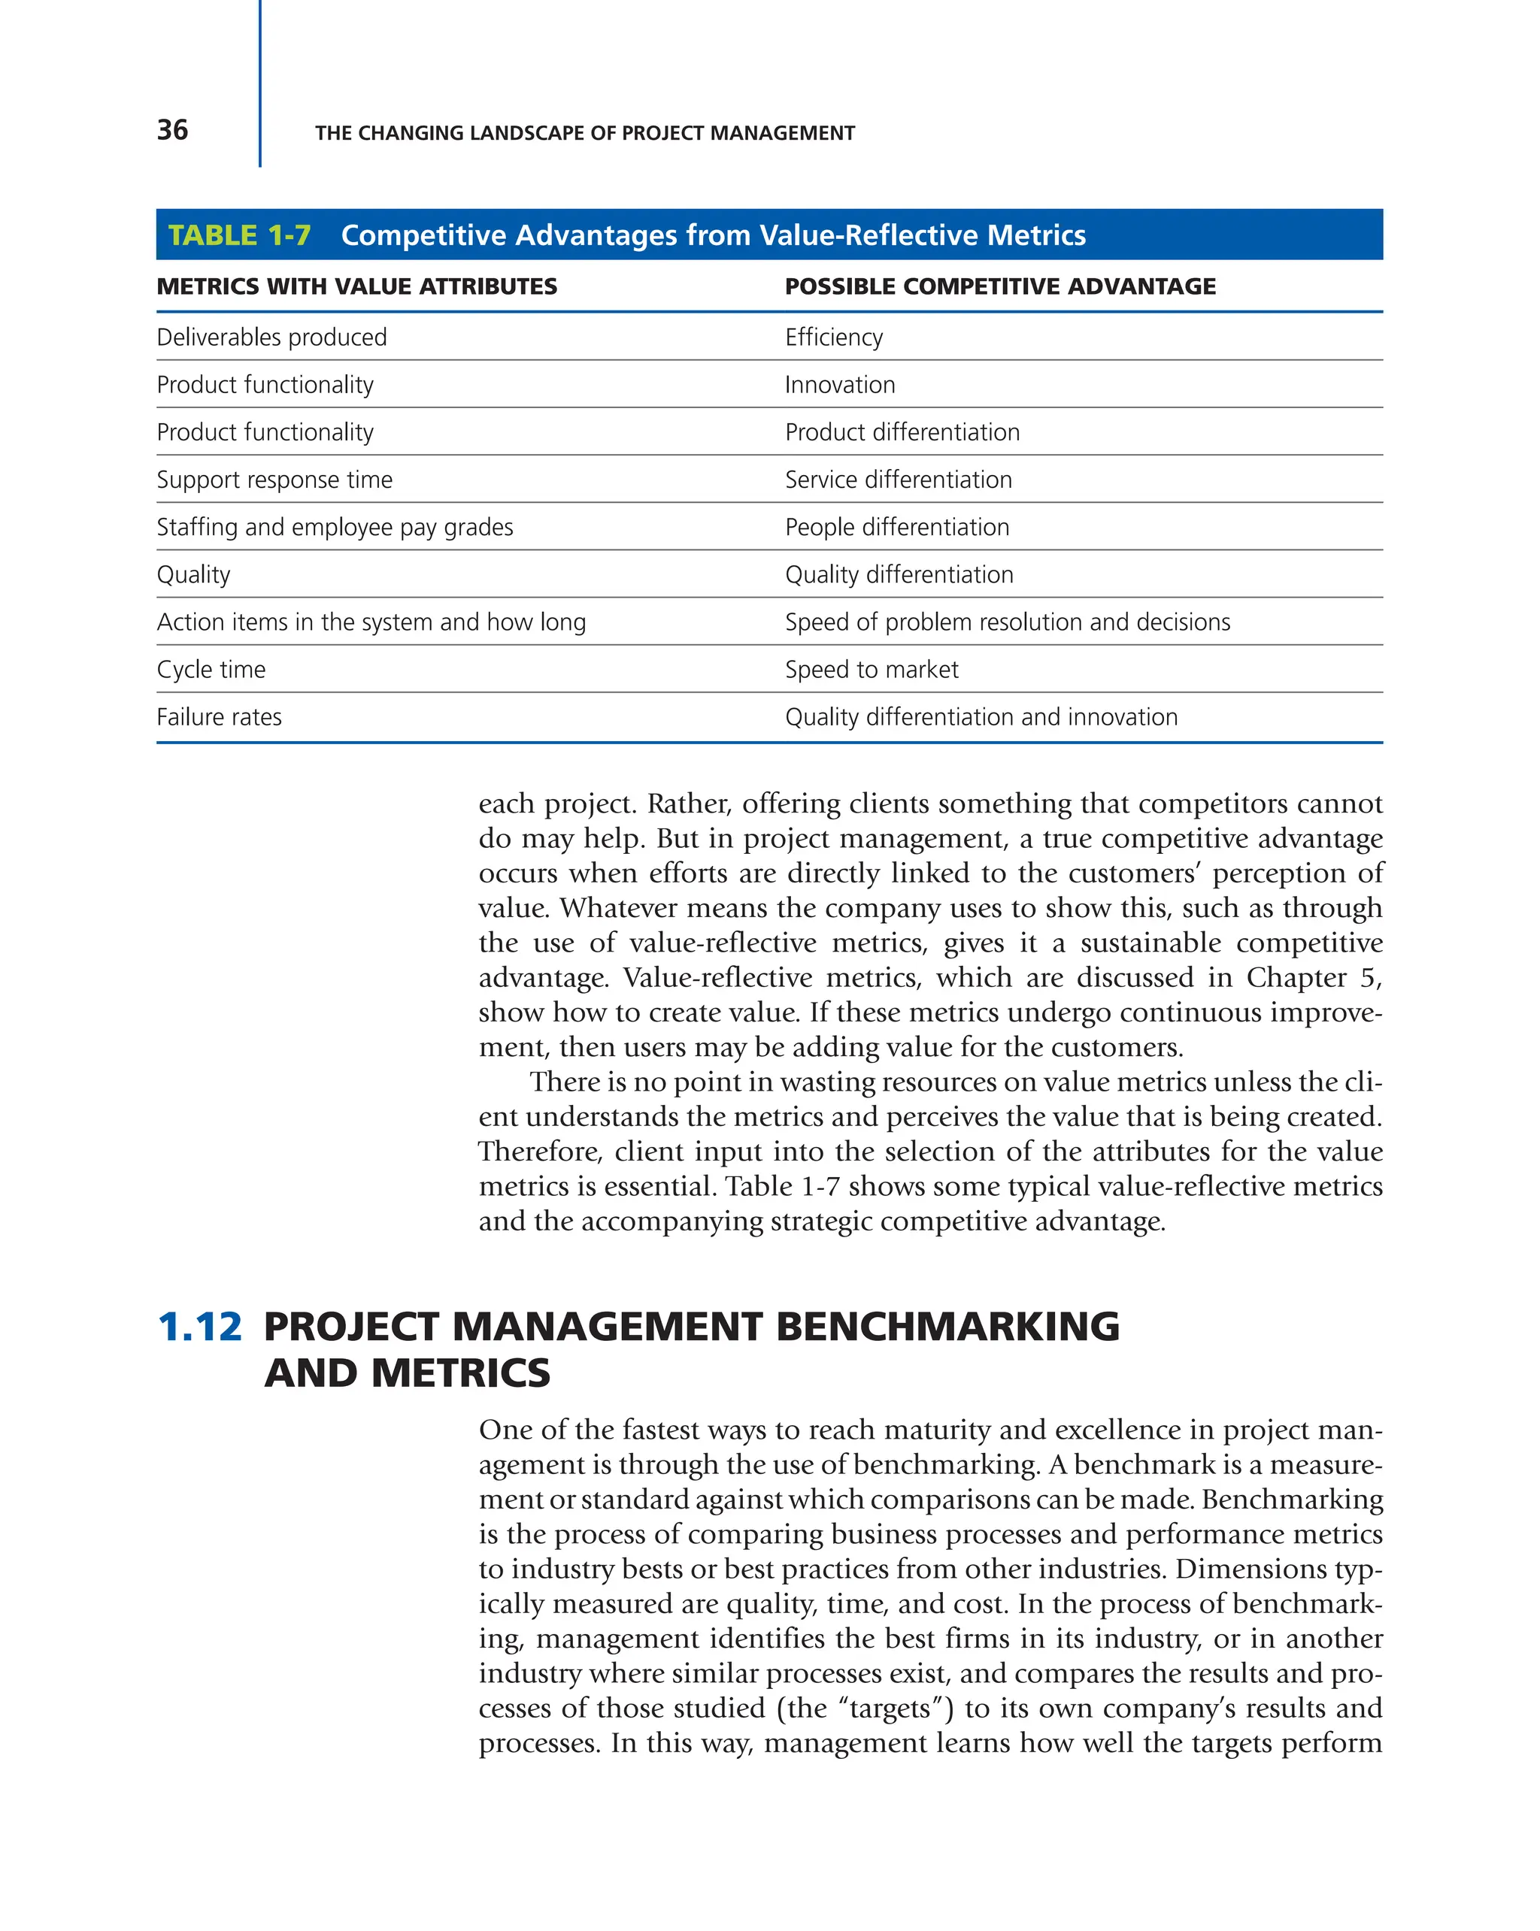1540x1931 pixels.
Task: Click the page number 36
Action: coord(172,130)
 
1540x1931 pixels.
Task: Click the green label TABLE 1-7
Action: coord(239,235)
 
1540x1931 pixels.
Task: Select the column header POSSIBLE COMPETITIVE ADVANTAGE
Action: coord(1000,286)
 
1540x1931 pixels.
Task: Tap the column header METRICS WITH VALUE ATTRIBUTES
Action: coord(356,286)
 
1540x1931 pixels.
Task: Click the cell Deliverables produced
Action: coord(271,337)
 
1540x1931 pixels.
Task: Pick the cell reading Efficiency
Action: coord(833,337)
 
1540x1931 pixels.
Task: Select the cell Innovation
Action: coord(839,385)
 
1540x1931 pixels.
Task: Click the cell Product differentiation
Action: coord(902,433)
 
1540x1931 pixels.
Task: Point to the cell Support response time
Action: coord(274,480)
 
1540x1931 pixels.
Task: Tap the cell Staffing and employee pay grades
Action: coord(334,528)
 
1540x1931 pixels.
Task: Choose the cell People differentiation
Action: coord(897,528)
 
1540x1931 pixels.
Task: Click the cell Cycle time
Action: coord(211,670)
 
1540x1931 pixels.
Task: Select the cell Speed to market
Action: coord(871,670)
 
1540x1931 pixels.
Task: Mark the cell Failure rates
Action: coord(219,717)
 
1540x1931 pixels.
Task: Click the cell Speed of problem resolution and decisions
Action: coord(1007,622)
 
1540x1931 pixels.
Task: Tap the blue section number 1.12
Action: coord(199,1327)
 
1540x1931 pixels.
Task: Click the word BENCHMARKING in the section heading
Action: coord(947,1327)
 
